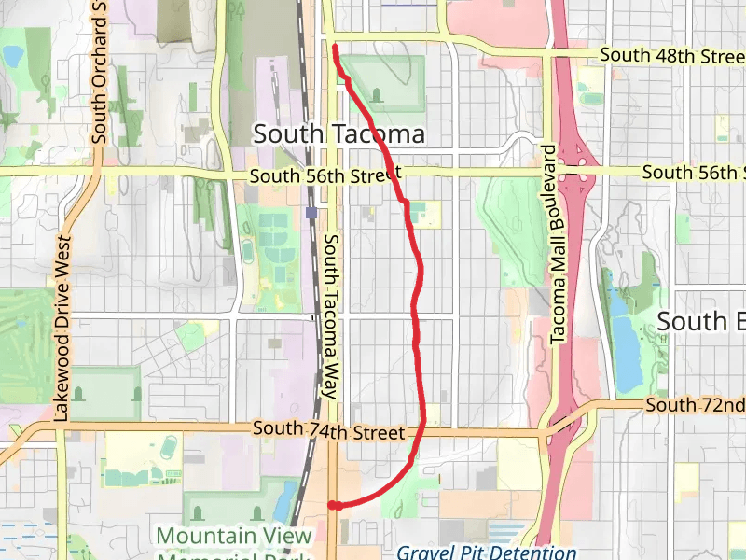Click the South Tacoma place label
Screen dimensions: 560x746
pos(339,134)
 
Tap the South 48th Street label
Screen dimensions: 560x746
pos(671,56)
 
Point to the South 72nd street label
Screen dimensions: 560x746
pos(695,405)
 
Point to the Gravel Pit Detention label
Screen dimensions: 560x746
pos(485,552)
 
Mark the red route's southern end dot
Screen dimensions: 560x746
pos(333,506)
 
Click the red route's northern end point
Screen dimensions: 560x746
pos(335,46)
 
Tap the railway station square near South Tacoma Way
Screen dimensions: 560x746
pos(311,212)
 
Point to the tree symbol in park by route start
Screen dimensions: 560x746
pos(377,93)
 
